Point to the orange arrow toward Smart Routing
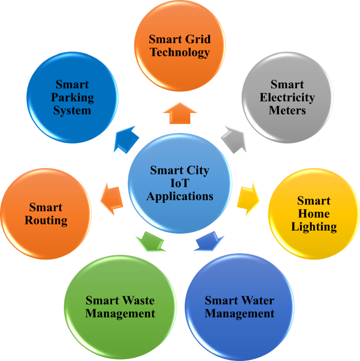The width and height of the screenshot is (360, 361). click(111, 198)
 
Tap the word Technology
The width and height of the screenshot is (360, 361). click(179, 52)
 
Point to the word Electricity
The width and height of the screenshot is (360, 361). click(287, 97)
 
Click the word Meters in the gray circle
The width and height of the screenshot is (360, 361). click(287, 110)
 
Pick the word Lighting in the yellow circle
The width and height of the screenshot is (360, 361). click(314, 227)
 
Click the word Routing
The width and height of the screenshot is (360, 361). click(46, 220)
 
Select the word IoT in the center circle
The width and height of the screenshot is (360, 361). click(179, 183)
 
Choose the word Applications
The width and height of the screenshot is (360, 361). click(180, 197)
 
